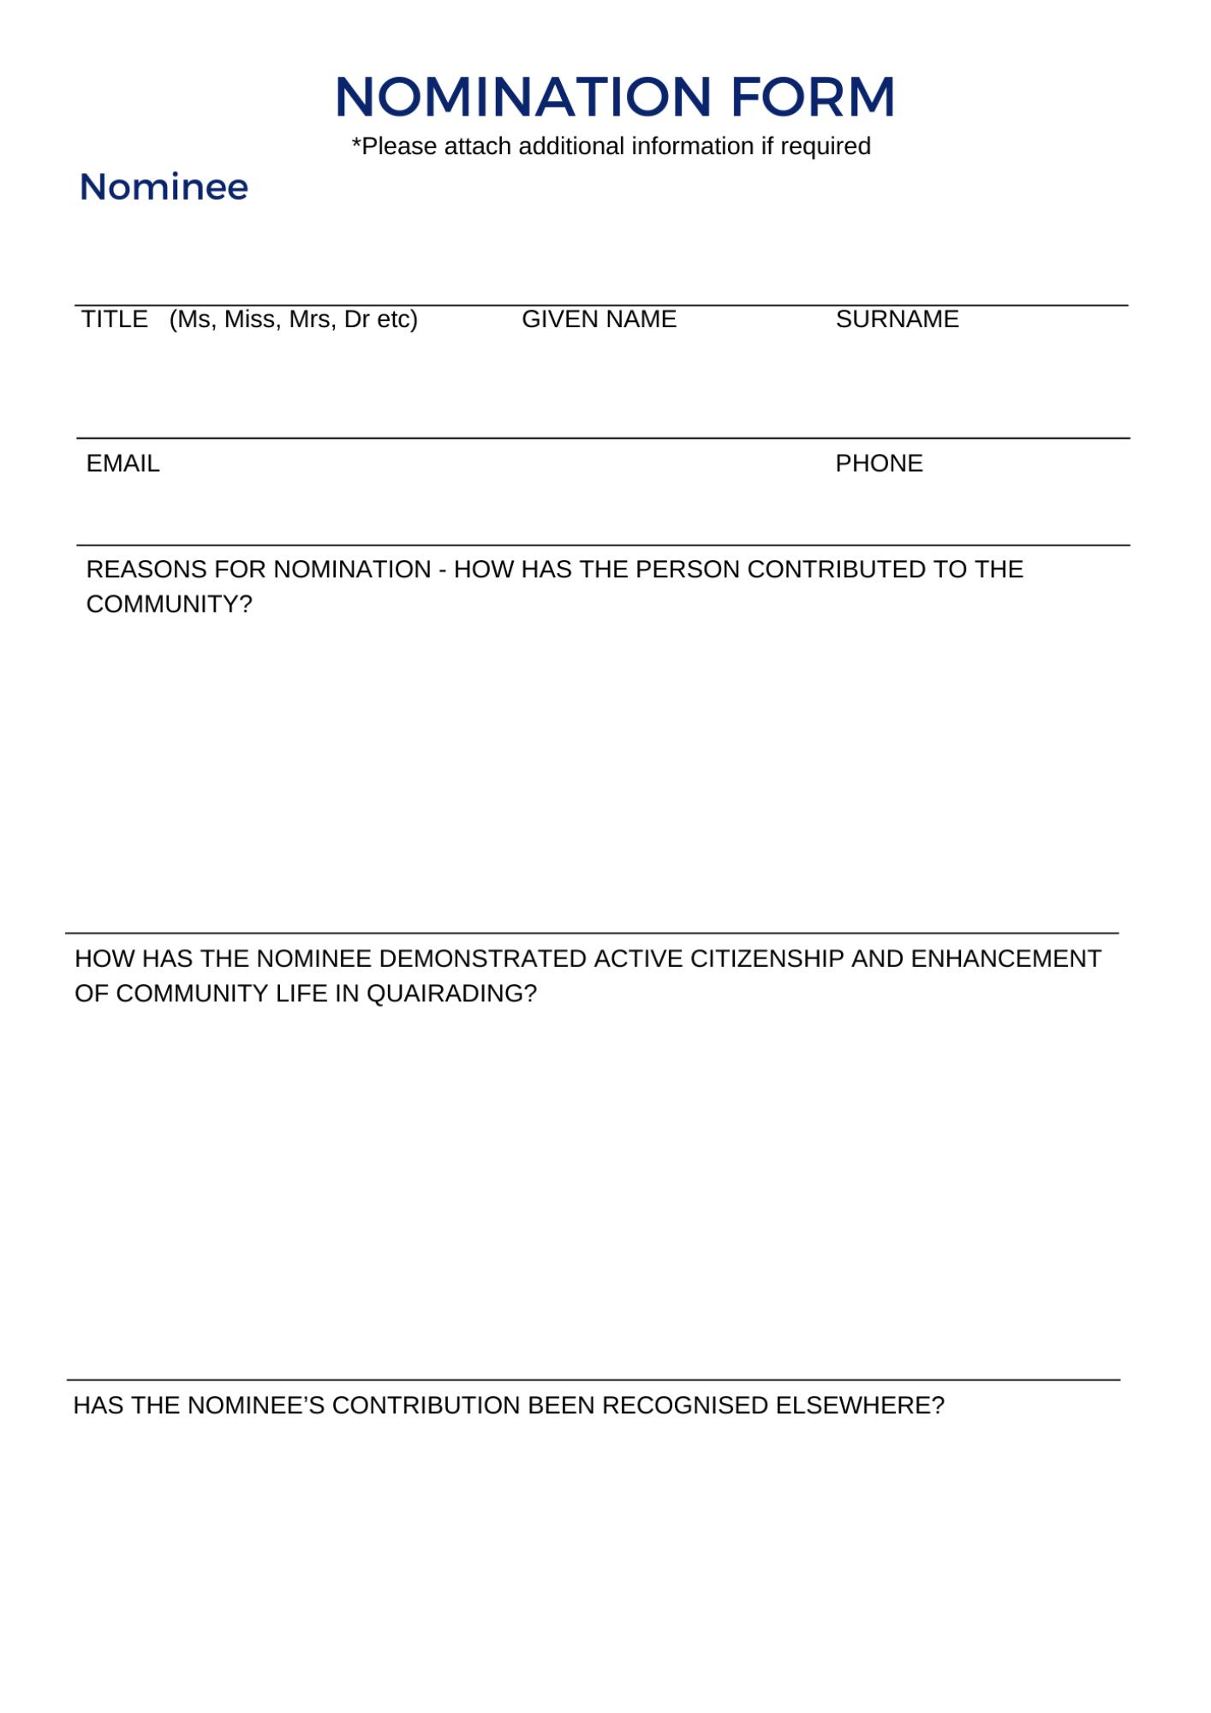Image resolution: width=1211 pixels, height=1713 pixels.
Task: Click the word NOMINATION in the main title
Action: coord(522,96)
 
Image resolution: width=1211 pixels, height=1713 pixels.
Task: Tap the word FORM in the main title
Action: coord(813,96)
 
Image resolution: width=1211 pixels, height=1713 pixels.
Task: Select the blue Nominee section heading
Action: coord(164,187)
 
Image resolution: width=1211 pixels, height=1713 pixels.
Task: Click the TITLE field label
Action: coord(115,319)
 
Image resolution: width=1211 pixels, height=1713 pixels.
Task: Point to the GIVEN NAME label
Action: coord(599,319)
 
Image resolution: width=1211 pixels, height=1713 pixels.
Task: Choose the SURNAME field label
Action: coord(897,319)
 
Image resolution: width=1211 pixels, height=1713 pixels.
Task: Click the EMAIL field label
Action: coord(123,463)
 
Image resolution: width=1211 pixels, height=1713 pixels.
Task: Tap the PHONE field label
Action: coord(879,463)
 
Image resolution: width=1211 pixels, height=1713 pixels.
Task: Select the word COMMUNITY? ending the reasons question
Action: coord(170,605)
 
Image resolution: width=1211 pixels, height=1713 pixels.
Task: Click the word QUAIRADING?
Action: coord(451,994)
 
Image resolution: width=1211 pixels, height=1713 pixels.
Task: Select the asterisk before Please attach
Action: coord(356,144)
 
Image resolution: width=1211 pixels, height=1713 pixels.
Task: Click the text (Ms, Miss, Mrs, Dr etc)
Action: coord(294,319)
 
